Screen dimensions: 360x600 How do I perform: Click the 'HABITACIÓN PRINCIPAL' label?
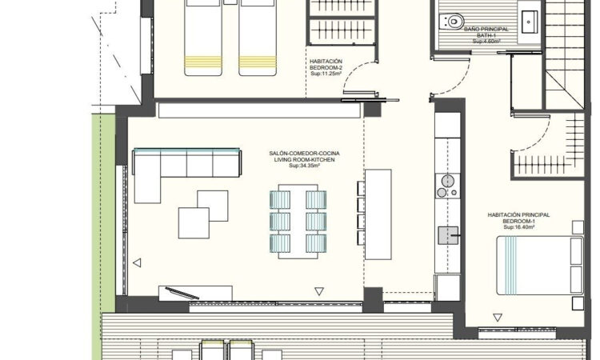[518, 214]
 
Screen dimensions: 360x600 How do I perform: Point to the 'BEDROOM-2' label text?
[326, 66]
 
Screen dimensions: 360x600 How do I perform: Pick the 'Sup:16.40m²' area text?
[518, 228]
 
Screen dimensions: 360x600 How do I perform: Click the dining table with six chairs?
[298, 222]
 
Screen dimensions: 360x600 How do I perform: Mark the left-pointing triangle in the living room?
[137, 262]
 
